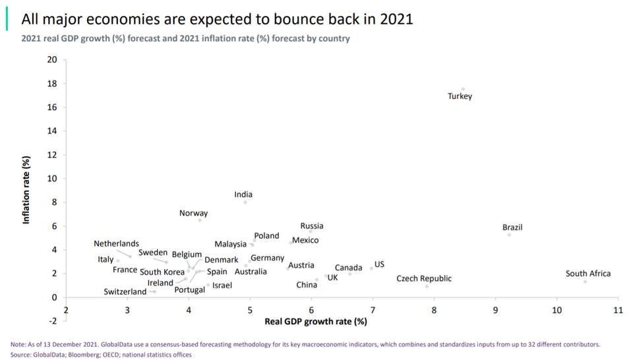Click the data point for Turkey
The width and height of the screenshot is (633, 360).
click(463, 89)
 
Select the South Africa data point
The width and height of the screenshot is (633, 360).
click(585, 282)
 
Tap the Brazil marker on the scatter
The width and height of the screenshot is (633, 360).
click(509, 235)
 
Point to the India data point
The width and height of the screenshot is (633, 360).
click(245, 202)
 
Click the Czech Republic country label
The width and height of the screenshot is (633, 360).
click(424, 278)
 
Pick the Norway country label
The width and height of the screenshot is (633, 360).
click(193, 213)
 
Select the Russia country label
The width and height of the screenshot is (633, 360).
click(312, 226)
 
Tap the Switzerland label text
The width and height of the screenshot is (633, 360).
click(125, 291)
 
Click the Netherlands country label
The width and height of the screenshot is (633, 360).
click(116, 244)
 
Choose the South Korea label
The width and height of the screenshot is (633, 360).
click(162, 272)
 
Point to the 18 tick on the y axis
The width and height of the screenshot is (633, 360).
click(53, 84)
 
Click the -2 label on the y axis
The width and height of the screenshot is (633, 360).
click(53, 321)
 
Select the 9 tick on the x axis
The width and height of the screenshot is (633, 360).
click(495, 310)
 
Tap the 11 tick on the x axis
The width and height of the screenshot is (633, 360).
click(618, 310)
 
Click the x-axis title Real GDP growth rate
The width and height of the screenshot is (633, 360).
click(315, 322)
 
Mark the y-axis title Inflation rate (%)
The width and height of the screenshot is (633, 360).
click(27, 190)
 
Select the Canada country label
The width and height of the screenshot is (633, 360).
click(348, 268)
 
